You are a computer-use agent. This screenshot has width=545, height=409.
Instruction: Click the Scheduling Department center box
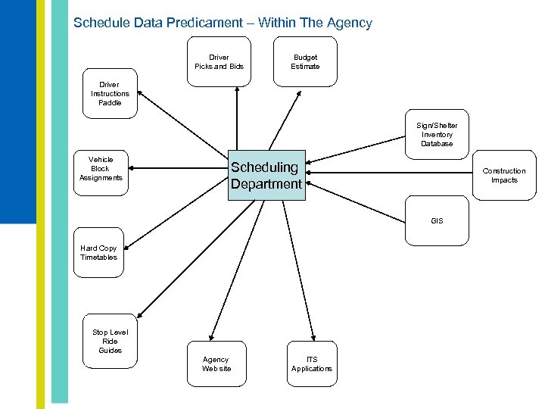(x=266, y=175)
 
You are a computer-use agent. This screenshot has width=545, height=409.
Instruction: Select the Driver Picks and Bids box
(x=220, y=63)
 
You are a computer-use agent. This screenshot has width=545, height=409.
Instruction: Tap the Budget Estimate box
(x=305, y=63)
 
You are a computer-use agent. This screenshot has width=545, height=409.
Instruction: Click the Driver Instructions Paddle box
(x=110, y=95)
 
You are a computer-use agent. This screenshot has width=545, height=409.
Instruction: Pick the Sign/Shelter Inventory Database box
(x=436, y=135)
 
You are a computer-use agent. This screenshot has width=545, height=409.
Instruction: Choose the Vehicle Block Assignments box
(x=101, y=169)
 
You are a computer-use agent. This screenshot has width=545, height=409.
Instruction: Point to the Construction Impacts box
(x=503, y=176)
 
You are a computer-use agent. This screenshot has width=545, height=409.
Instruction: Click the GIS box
(x=437, y=221)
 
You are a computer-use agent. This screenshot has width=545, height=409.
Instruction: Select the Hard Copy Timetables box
(x=99, y=253)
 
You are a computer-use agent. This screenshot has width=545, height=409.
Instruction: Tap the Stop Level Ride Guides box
(x=111, y=342)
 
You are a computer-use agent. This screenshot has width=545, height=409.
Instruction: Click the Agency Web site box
(x=216, y=364)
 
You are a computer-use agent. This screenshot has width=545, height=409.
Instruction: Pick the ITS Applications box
(x=311, y=364)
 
